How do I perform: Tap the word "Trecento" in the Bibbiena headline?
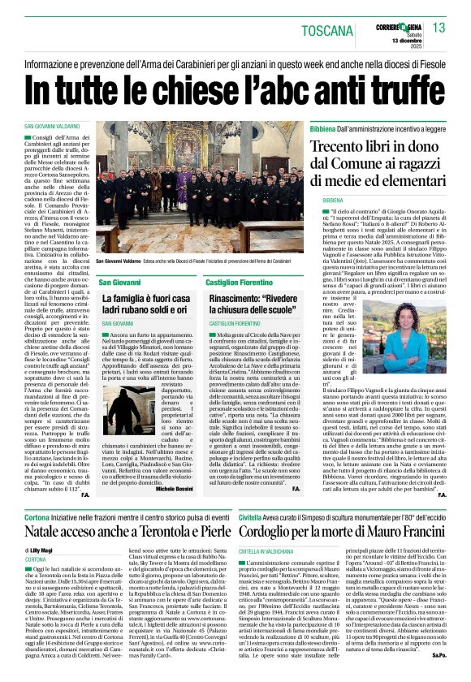pos(348,150)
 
